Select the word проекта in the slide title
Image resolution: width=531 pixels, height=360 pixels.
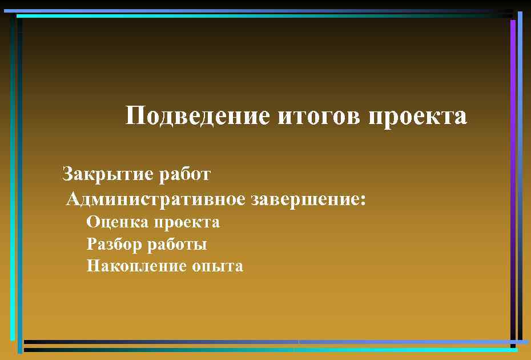[x=418, y=116]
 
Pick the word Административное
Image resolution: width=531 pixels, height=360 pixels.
[x=156, y=199]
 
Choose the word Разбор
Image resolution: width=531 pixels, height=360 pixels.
[x=114, y=244]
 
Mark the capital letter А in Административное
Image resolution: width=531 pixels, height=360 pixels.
[x=73, y=199]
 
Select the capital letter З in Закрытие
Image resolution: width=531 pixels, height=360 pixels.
[x=67, y=173]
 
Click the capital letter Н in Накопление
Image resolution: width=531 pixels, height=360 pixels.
[x=93, y=266]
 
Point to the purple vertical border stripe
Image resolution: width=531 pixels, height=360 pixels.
[x=513, y=114]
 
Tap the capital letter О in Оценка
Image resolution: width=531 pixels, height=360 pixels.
[x=93, y=222]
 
